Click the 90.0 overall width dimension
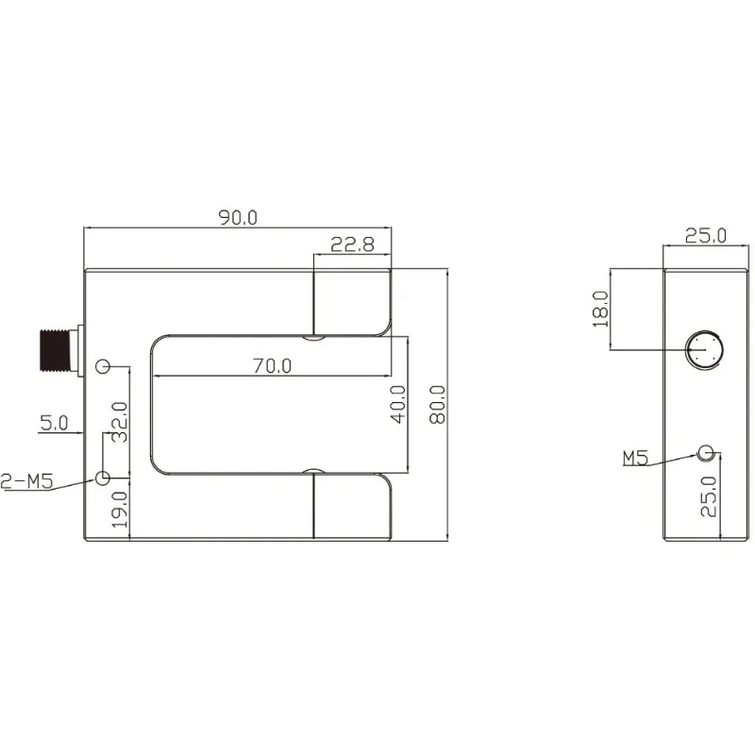[239, 218]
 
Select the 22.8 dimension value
[352, 244]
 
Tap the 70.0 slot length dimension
[272, 366]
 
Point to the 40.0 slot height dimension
[398, 405]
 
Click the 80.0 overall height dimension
[437, 405]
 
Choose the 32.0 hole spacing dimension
[120, 422]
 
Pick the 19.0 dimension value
[120, 510]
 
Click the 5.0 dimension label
[54, 423]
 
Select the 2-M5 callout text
[26, 481]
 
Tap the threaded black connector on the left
[56, 350]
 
